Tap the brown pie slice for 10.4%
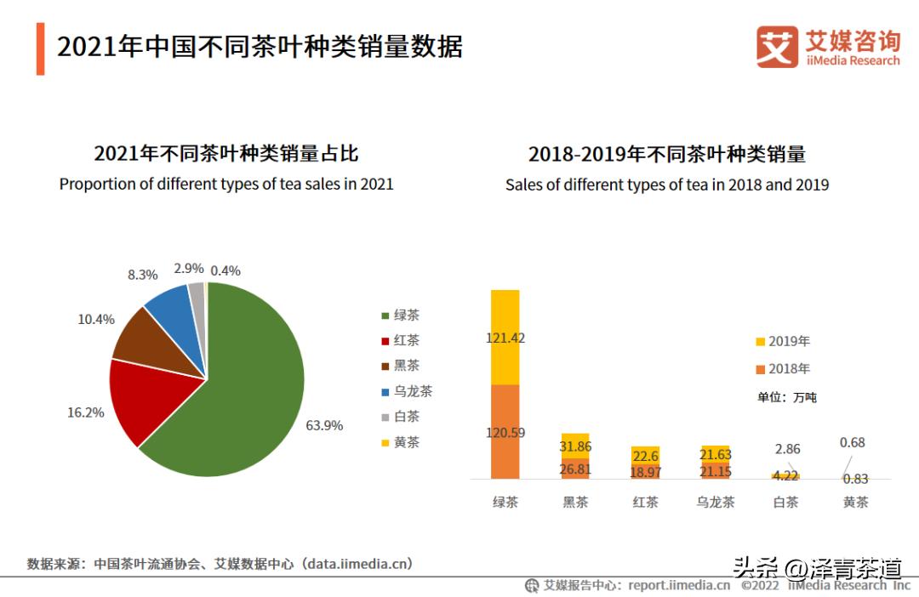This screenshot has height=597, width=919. [x=149, y=336]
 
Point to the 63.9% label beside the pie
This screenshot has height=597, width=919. [x=324, y=425]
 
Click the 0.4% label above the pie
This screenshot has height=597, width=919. [x=225, y=270]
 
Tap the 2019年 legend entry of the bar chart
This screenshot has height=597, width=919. [x=782, y=342]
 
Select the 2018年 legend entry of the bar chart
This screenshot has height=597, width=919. [x=782, y=369]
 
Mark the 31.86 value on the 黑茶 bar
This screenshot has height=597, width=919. [x=575, y=446]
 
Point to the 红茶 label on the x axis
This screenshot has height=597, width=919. [x=645, y=502]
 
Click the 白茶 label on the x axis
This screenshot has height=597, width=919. [x=785, y=502]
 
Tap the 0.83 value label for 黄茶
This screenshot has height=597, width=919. [x=855, y=479]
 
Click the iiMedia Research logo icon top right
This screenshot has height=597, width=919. [x=777, y=47]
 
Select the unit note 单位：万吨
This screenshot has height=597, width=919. [x=786, y=397]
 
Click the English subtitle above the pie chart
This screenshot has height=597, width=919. [x=226, y=184]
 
